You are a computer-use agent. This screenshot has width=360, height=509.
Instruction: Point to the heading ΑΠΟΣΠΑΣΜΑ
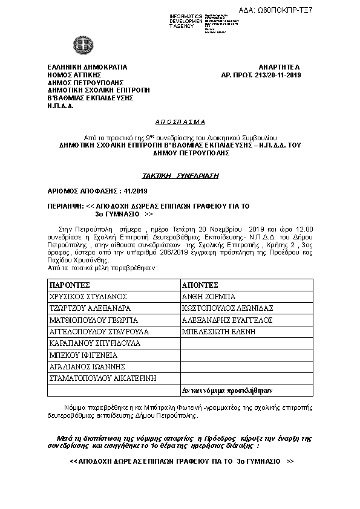[180, 121]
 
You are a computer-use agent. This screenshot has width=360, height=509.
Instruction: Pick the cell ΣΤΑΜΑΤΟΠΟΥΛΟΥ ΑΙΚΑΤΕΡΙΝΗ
[103, 378]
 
